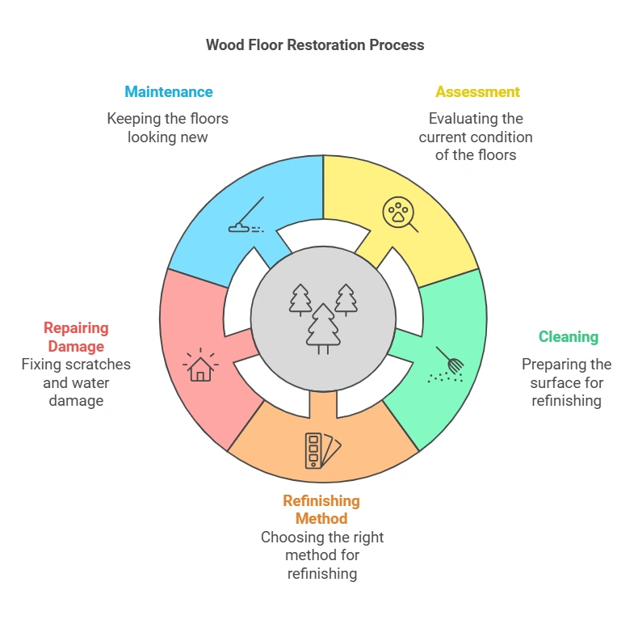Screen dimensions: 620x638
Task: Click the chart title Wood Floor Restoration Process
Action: [315, 45]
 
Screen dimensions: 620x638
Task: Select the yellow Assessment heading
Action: [477, 91]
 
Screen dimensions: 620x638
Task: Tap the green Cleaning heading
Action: [569, 337]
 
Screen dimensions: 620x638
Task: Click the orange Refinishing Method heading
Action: [321, 509]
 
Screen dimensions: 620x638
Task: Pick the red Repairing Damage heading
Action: [75, 337]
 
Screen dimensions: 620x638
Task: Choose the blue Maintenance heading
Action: [168, 91]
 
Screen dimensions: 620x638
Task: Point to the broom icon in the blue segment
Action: [247, 217]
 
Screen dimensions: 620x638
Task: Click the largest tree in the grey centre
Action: [323, 327]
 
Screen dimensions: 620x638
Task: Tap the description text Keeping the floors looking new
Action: [168, 128]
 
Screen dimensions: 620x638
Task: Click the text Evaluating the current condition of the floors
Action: [476, 137]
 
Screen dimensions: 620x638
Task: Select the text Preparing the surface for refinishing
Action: [566, 382]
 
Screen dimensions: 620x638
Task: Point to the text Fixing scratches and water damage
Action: [76, 382]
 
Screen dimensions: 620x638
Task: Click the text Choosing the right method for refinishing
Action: [321, 555]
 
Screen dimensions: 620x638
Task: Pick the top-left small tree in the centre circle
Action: [300, 299]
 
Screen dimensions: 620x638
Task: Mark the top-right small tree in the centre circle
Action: [346, 299]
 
